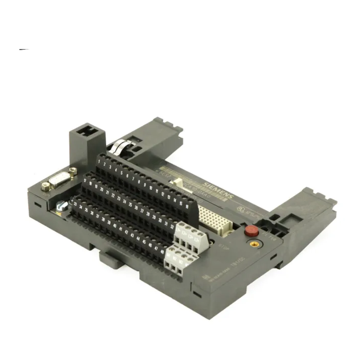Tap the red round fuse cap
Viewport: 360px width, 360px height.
click(251, 231)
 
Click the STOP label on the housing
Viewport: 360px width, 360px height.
click(222, 246)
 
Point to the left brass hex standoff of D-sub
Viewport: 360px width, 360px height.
click(46, 185)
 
